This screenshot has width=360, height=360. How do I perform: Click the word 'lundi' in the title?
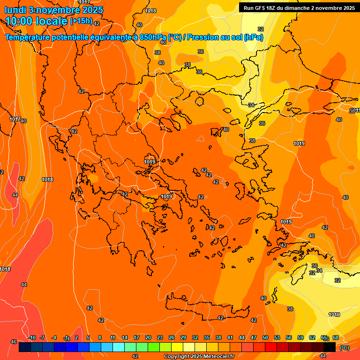click(x=15, y=10)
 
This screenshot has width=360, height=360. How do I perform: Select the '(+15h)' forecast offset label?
click(x=81, y=21)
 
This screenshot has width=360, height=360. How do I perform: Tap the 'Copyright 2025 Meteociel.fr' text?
click(x=199, y=357)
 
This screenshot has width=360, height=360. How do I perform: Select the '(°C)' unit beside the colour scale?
click(x=344, y=348)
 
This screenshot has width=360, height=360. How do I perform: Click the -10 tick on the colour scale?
click(x=32, y=338)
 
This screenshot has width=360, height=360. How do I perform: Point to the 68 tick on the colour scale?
click(x=336, y=338)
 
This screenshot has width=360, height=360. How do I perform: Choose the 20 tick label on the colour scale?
click(x=148, y=338)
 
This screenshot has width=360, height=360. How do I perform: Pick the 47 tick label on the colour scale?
click(x=254, y=338)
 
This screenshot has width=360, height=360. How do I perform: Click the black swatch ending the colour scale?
click(x=330, y=347)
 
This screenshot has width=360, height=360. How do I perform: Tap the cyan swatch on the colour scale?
click(x=119, y=347)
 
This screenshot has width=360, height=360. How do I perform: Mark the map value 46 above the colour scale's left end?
click(x=14, y=342)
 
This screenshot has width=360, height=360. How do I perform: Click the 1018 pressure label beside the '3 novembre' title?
click(x=150, y=11)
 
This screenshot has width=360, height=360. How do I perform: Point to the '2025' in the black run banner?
click(x=346, y=8)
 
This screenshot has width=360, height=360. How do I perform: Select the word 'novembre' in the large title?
click(x=60, y=10)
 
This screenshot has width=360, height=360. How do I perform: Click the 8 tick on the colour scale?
click(x=100, y=338)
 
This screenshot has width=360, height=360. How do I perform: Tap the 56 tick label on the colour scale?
click(x=289, y=338)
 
